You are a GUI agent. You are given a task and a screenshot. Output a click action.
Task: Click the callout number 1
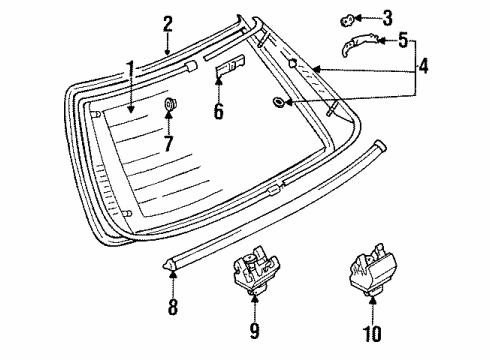(130, 72)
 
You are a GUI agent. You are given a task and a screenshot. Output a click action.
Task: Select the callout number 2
(168, 24)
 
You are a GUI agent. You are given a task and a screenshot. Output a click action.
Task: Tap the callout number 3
(387, 18)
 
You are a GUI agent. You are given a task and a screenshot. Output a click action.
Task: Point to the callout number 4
(423, 66)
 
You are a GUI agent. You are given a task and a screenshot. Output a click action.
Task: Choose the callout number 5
(403, 40)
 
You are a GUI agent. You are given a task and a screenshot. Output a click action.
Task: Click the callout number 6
(219, 111)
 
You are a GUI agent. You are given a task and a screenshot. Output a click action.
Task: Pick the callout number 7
(169, 144)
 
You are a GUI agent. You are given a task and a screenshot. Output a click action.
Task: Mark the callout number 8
(173, 307)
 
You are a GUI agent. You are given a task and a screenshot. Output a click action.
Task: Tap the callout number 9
(254, 330)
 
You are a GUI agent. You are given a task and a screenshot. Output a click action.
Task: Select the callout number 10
(372, 333)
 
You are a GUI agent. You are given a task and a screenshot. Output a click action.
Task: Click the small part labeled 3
(347, 20)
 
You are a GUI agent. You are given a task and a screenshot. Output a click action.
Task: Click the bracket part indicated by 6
(230, 66)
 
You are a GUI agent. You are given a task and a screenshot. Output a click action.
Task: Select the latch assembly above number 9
(256, 270)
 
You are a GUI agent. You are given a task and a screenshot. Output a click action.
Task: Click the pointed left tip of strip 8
(164, 266)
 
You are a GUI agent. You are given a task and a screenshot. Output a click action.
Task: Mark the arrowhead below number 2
(168, 51)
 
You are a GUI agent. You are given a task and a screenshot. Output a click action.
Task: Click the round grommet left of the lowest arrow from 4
(278, 102)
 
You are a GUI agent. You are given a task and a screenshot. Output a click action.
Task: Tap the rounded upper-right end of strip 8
(382, 145)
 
